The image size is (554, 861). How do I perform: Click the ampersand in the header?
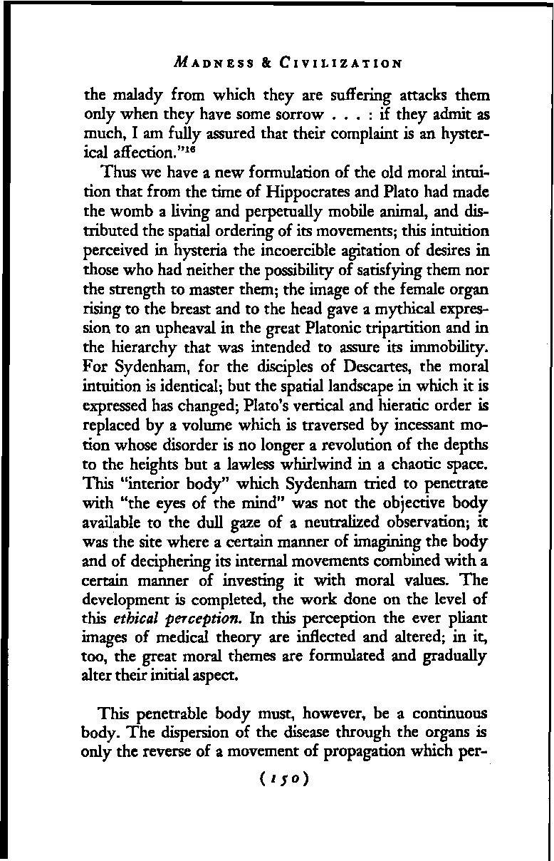coord(263,62)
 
